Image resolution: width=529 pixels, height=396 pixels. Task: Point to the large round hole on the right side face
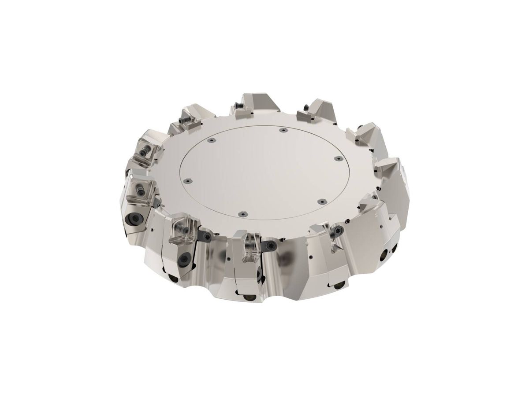point(385,254)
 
